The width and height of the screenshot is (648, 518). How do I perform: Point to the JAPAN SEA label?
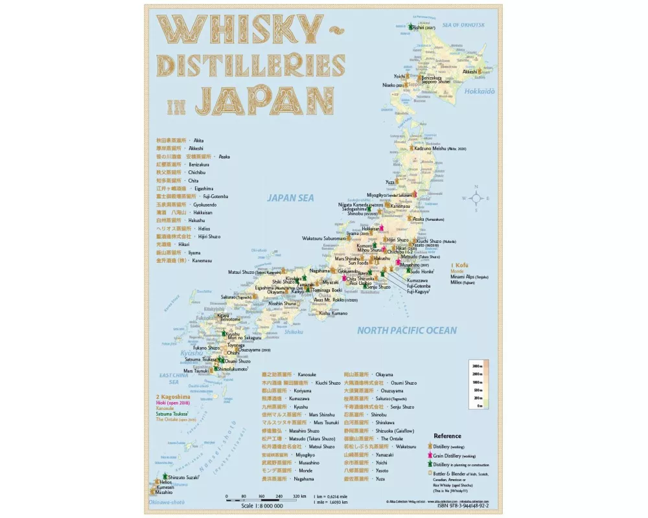tap(291, 198)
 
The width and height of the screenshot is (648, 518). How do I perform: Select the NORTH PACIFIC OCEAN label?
tap(406, 330)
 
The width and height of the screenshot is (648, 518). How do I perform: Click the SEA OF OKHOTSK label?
tap(463, 25)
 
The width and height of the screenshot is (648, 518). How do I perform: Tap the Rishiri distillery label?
tap(424, 28)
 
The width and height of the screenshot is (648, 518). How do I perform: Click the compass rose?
tap(476, 198)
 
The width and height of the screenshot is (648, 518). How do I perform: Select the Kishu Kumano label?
tap(334, 313)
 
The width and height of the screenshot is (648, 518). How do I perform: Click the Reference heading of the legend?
tap(447, 436)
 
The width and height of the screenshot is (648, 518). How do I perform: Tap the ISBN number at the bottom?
tap(461, 507)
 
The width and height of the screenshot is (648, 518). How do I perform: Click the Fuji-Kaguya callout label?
tap(421, 292)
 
